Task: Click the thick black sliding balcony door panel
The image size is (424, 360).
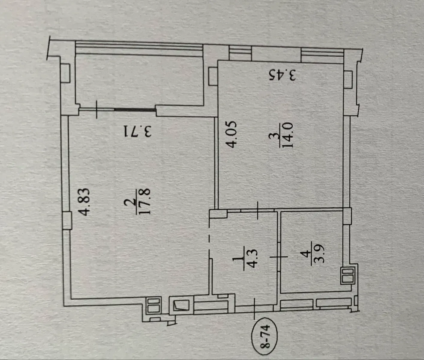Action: pyautogui.click(x=135, y=110)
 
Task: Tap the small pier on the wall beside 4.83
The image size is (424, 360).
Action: pyautogui.click(x=67, y=220)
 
